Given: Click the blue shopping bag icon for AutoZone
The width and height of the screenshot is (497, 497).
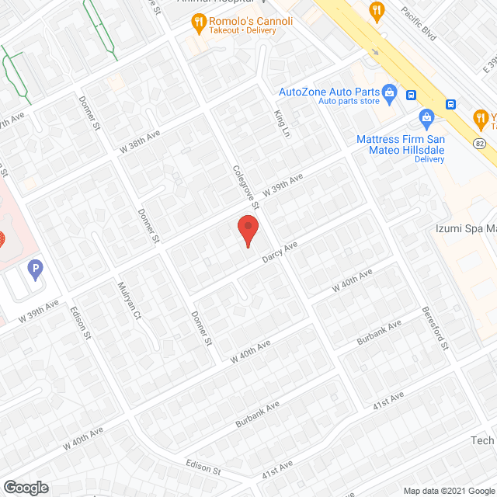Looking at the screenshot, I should tap(389, 94).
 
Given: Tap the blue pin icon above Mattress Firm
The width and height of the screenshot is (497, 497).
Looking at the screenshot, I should tap(426, 120).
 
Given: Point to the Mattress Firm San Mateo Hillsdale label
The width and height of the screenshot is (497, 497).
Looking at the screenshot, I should tap(399, 145).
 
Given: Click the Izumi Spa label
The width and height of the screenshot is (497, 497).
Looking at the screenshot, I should tap(464, 228).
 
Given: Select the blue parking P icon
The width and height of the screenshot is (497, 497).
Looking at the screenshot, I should tap(35, 269).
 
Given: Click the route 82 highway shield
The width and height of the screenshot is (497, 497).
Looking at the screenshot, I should tap(479, 143).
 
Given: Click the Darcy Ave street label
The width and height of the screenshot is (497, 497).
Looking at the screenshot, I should tap(280, 252).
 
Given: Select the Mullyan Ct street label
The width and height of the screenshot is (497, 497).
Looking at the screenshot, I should tap(128, 300).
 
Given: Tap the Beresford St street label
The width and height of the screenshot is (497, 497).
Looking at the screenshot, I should tap(435, 328).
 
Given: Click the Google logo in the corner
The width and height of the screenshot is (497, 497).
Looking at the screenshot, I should tap(25, 487).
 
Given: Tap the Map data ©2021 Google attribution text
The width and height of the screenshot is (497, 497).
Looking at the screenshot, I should tap(448, 490).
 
